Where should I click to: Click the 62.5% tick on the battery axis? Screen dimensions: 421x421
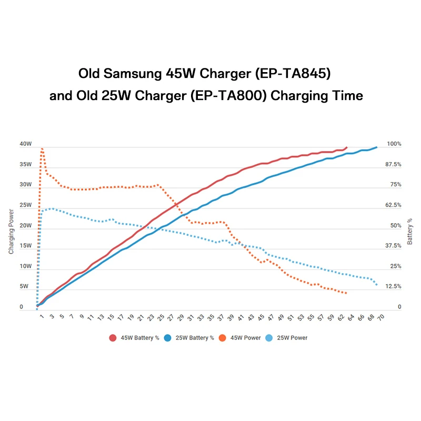[394, 205]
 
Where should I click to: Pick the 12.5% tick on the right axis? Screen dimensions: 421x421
[394, 286]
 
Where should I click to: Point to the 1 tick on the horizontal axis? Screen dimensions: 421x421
[42, 318]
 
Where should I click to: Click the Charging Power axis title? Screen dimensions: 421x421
[11, 232]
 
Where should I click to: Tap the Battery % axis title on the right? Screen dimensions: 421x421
[410, 232]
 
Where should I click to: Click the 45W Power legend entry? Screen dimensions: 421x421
[242, 337]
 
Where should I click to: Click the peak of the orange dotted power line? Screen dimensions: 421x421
[42, 149]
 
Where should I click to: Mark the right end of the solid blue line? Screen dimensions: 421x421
[377, 147]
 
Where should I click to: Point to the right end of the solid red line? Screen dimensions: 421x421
[347, 147]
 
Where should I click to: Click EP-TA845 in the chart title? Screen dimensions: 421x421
[292, 73]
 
